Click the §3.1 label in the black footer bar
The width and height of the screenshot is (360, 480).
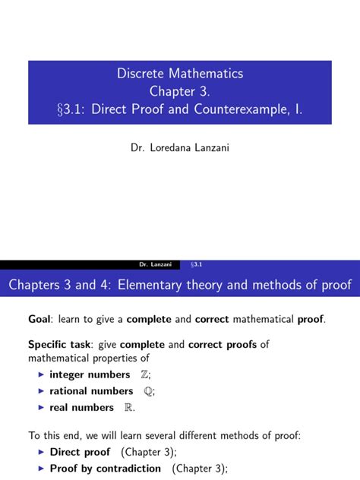click(196, 264)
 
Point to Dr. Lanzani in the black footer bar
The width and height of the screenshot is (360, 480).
click(156, 264)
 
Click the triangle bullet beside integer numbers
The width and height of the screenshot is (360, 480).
click(41, 374)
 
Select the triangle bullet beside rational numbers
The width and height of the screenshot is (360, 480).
click(41, 391)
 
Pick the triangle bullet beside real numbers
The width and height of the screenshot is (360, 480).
click(41, 408)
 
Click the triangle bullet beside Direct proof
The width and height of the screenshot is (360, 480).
click(41, 452)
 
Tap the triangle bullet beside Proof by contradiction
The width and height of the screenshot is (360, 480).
click(41, 469)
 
